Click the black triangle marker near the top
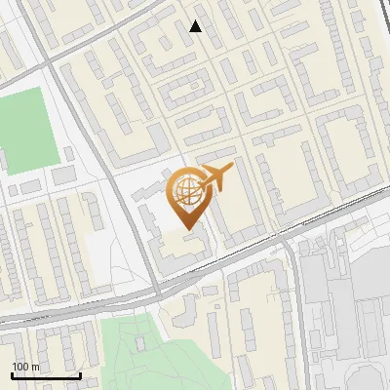196,26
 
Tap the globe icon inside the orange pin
185,191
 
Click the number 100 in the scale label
21,366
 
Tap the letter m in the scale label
36,366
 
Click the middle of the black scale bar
46,375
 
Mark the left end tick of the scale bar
13,374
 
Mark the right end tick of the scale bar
79,374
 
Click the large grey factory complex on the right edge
341,292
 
